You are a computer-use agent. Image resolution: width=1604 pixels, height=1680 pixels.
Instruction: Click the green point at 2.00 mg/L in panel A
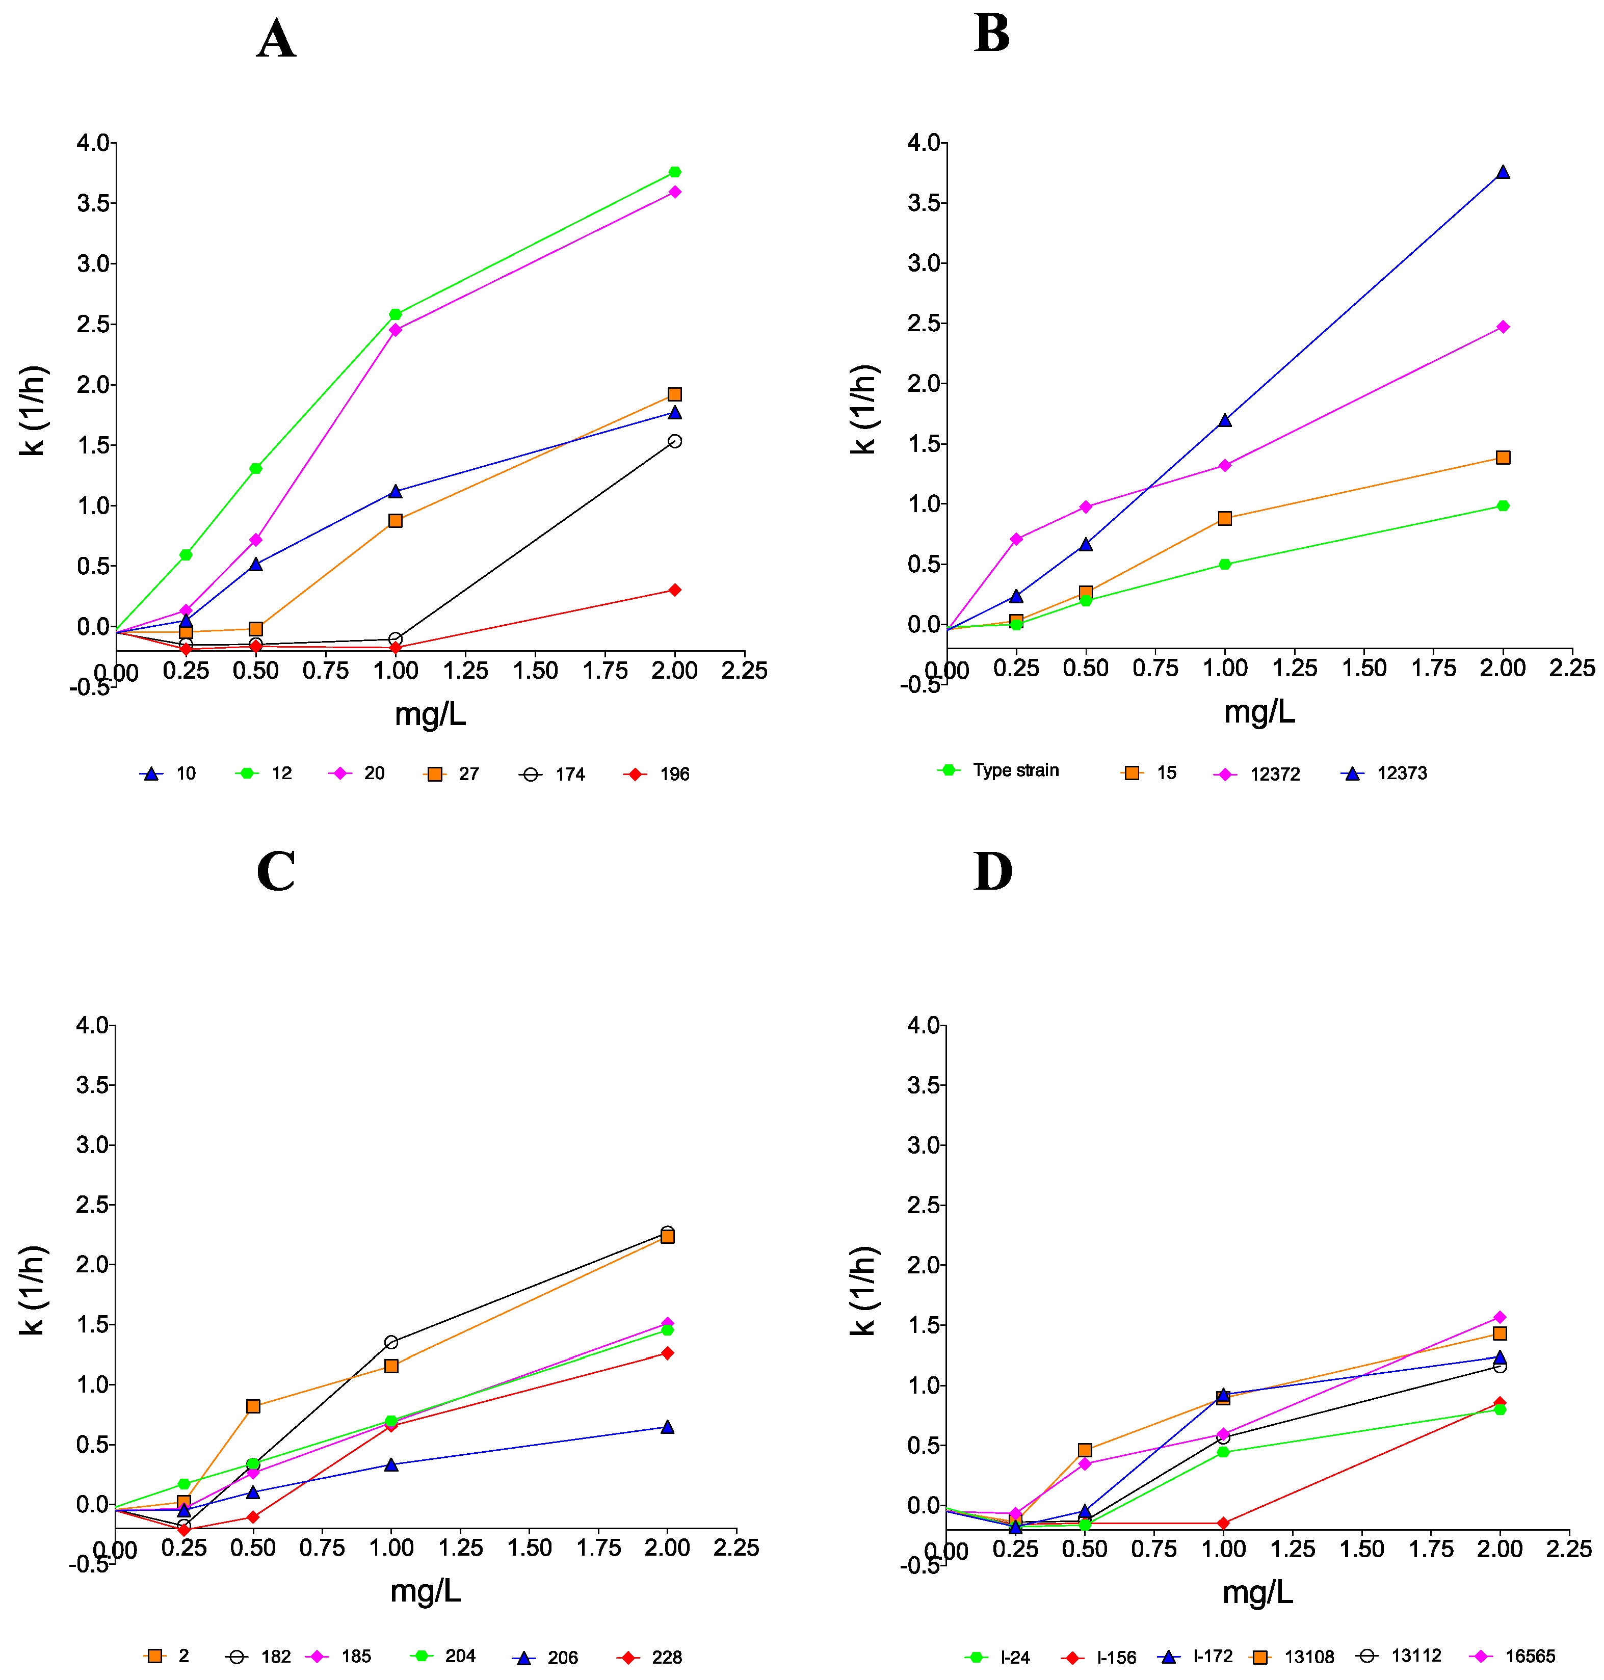675,172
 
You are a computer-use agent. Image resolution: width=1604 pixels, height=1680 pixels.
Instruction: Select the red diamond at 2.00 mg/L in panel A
675,590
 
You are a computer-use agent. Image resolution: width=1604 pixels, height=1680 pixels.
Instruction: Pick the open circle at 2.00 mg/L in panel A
675,441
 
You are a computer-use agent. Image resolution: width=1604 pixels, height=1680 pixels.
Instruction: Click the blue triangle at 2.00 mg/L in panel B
1503,172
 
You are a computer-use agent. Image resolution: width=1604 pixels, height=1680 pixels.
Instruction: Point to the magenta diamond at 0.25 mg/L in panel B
1016,539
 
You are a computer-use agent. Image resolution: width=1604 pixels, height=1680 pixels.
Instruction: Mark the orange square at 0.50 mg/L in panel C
253,1406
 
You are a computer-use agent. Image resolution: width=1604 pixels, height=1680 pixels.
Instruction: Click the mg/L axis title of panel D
1257,1592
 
